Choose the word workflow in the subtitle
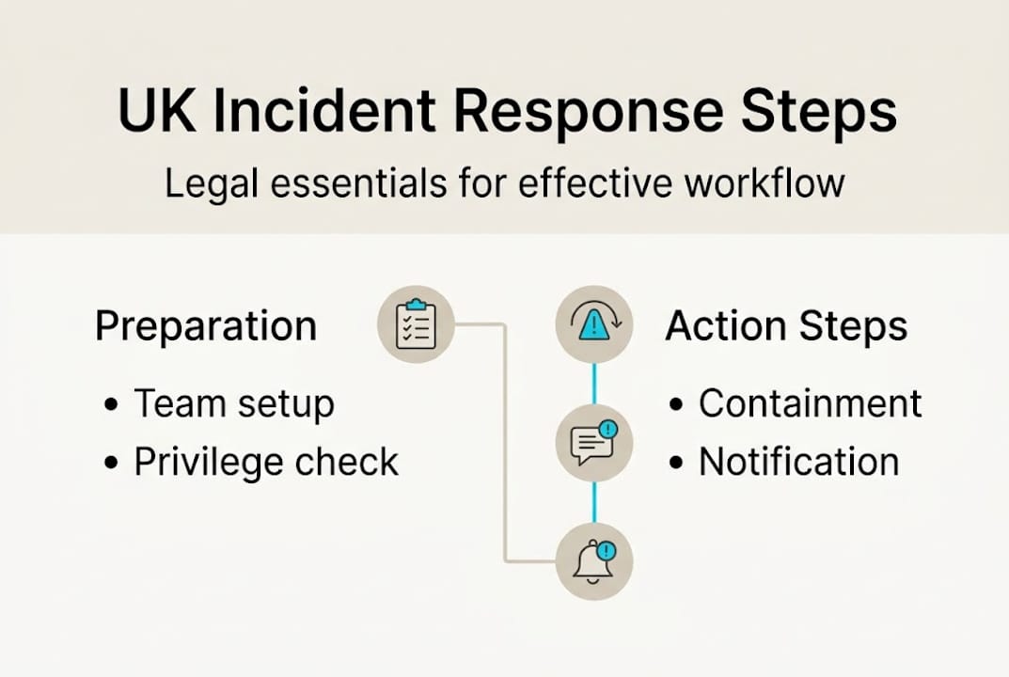point(764,182)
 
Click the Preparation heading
point(206,327)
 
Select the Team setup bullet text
point(234,404)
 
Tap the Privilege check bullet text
point(266,462)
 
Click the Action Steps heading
point(786,327)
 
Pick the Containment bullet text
point(810,403)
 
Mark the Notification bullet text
point(798,462)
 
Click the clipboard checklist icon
point(416,325)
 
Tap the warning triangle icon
point(594,325)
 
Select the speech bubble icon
point(594,443)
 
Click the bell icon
point(594,561)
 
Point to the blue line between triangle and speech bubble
point(594,384)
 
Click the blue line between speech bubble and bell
point(594,502)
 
